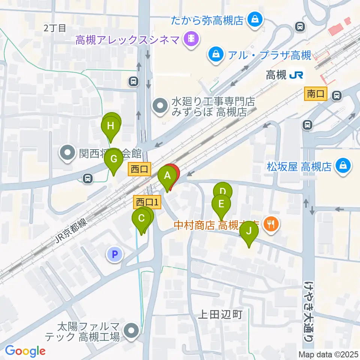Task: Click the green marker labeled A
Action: (x=167, y=175)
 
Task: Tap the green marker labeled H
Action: (x=110, y=126)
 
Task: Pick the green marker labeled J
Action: (x=249, y=231)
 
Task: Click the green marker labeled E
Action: (x=221, y=204)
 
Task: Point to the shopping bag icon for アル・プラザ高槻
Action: (x=216, y=55)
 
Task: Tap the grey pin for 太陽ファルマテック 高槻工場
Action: (x=131, y=331)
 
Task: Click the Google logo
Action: (x=25, y=351)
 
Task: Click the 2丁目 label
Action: (x=55, y=27)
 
